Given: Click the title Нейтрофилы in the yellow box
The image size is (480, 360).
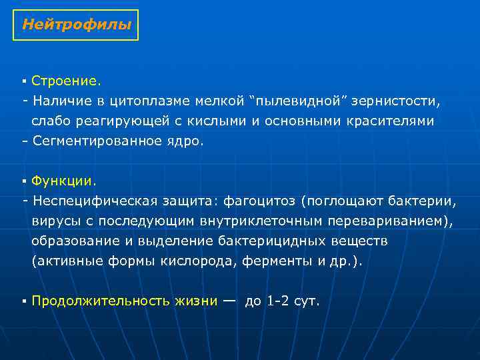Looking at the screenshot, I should point(76,25).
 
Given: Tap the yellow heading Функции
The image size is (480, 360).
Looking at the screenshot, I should point(64,181).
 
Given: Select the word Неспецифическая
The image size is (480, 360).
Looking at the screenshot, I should point(94,200).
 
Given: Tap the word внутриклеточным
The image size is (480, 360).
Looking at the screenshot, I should point(255,220).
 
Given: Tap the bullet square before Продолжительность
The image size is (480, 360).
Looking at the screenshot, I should point(23,301).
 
